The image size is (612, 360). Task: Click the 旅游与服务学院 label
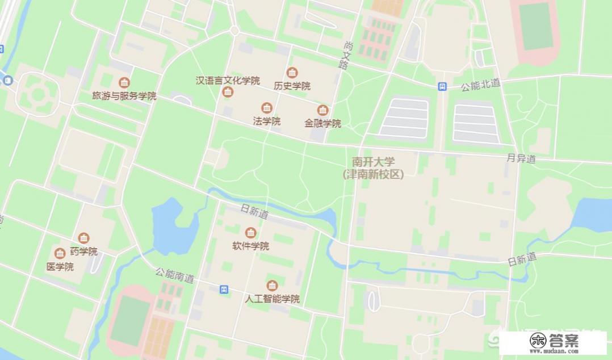pyautogui.click(x=124, y=96)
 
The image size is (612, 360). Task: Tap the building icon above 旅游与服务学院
pyautogui.click(x=124, y=83)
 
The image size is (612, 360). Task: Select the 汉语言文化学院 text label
pyautogui.click(x=228, y=81)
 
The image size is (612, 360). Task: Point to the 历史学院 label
pyautogui.click(x=292, y=86)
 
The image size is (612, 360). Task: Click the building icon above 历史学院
pyautogui.click(x=292, y=73)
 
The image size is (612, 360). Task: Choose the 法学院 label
pyautogui.click(x=266, y=121)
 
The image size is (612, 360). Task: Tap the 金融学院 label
pyautogui.click(x=322, y=123)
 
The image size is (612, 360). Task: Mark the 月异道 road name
pyautogui.click(x=521, y=160)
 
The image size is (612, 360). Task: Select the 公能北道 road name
pyautogui.click(x=480, y=85)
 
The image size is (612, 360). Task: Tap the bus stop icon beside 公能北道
pyautogui.click(x=442, y=86)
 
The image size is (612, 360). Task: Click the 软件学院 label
pyautogui.click(x=250, y=246)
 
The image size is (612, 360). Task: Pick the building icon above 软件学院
pyautogui.click(x=250, y=233)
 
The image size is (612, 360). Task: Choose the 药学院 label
pyautogui.click(x=83, y=252)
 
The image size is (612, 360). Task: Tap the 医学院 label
pyautogui.click(x=60, y=266)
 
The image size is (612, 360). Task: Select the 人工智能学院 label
pyautogui.click(x=272, y=299)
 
